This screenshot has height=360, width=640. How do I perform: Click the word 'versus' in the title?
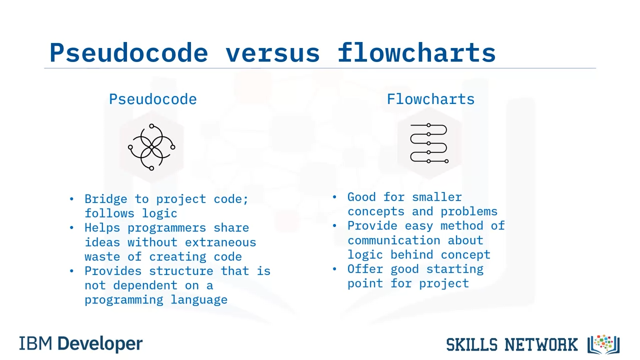coord(272,53)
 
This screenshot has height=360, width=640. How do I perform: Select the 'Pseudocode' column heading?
coord(153,99)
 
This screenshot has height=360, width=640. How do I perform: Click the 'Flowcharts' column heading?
coord(430,99)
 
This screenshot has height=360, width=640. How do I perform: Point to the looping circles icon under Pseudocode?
coord(151,147)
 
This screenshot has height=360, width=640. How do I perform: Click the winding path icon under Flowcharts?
coord(429,143)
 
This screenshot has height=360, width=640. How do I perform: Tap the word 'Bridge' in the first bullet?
coord(105,199)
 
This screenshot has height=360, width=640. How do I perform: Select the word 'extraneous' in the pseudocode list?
coord(220,242)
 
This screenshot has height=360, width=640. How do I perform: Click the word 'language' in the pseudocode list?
coord(199,300)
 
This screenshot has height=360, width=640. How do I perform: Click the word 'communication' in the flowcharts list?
coord(393,240)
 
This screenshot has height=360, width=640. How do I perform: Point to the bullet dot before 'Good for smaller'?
coord(334,197)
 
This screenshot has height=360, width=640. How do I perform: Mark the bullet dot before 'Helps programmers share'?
coord(71,227)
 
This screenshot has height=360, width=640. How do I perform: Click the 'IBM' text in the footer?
coord(35,343)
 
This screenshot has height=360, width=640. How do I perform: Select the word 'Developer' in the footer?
coord(100,343)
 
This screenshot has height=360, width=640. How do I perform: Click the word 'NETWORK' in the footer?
coord(541,344)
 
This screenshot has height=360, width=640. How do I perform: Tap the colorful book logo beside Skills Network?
coord(603,344)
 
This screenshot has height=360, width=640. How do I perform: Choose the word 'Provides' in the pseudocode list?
coord(113,271)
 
